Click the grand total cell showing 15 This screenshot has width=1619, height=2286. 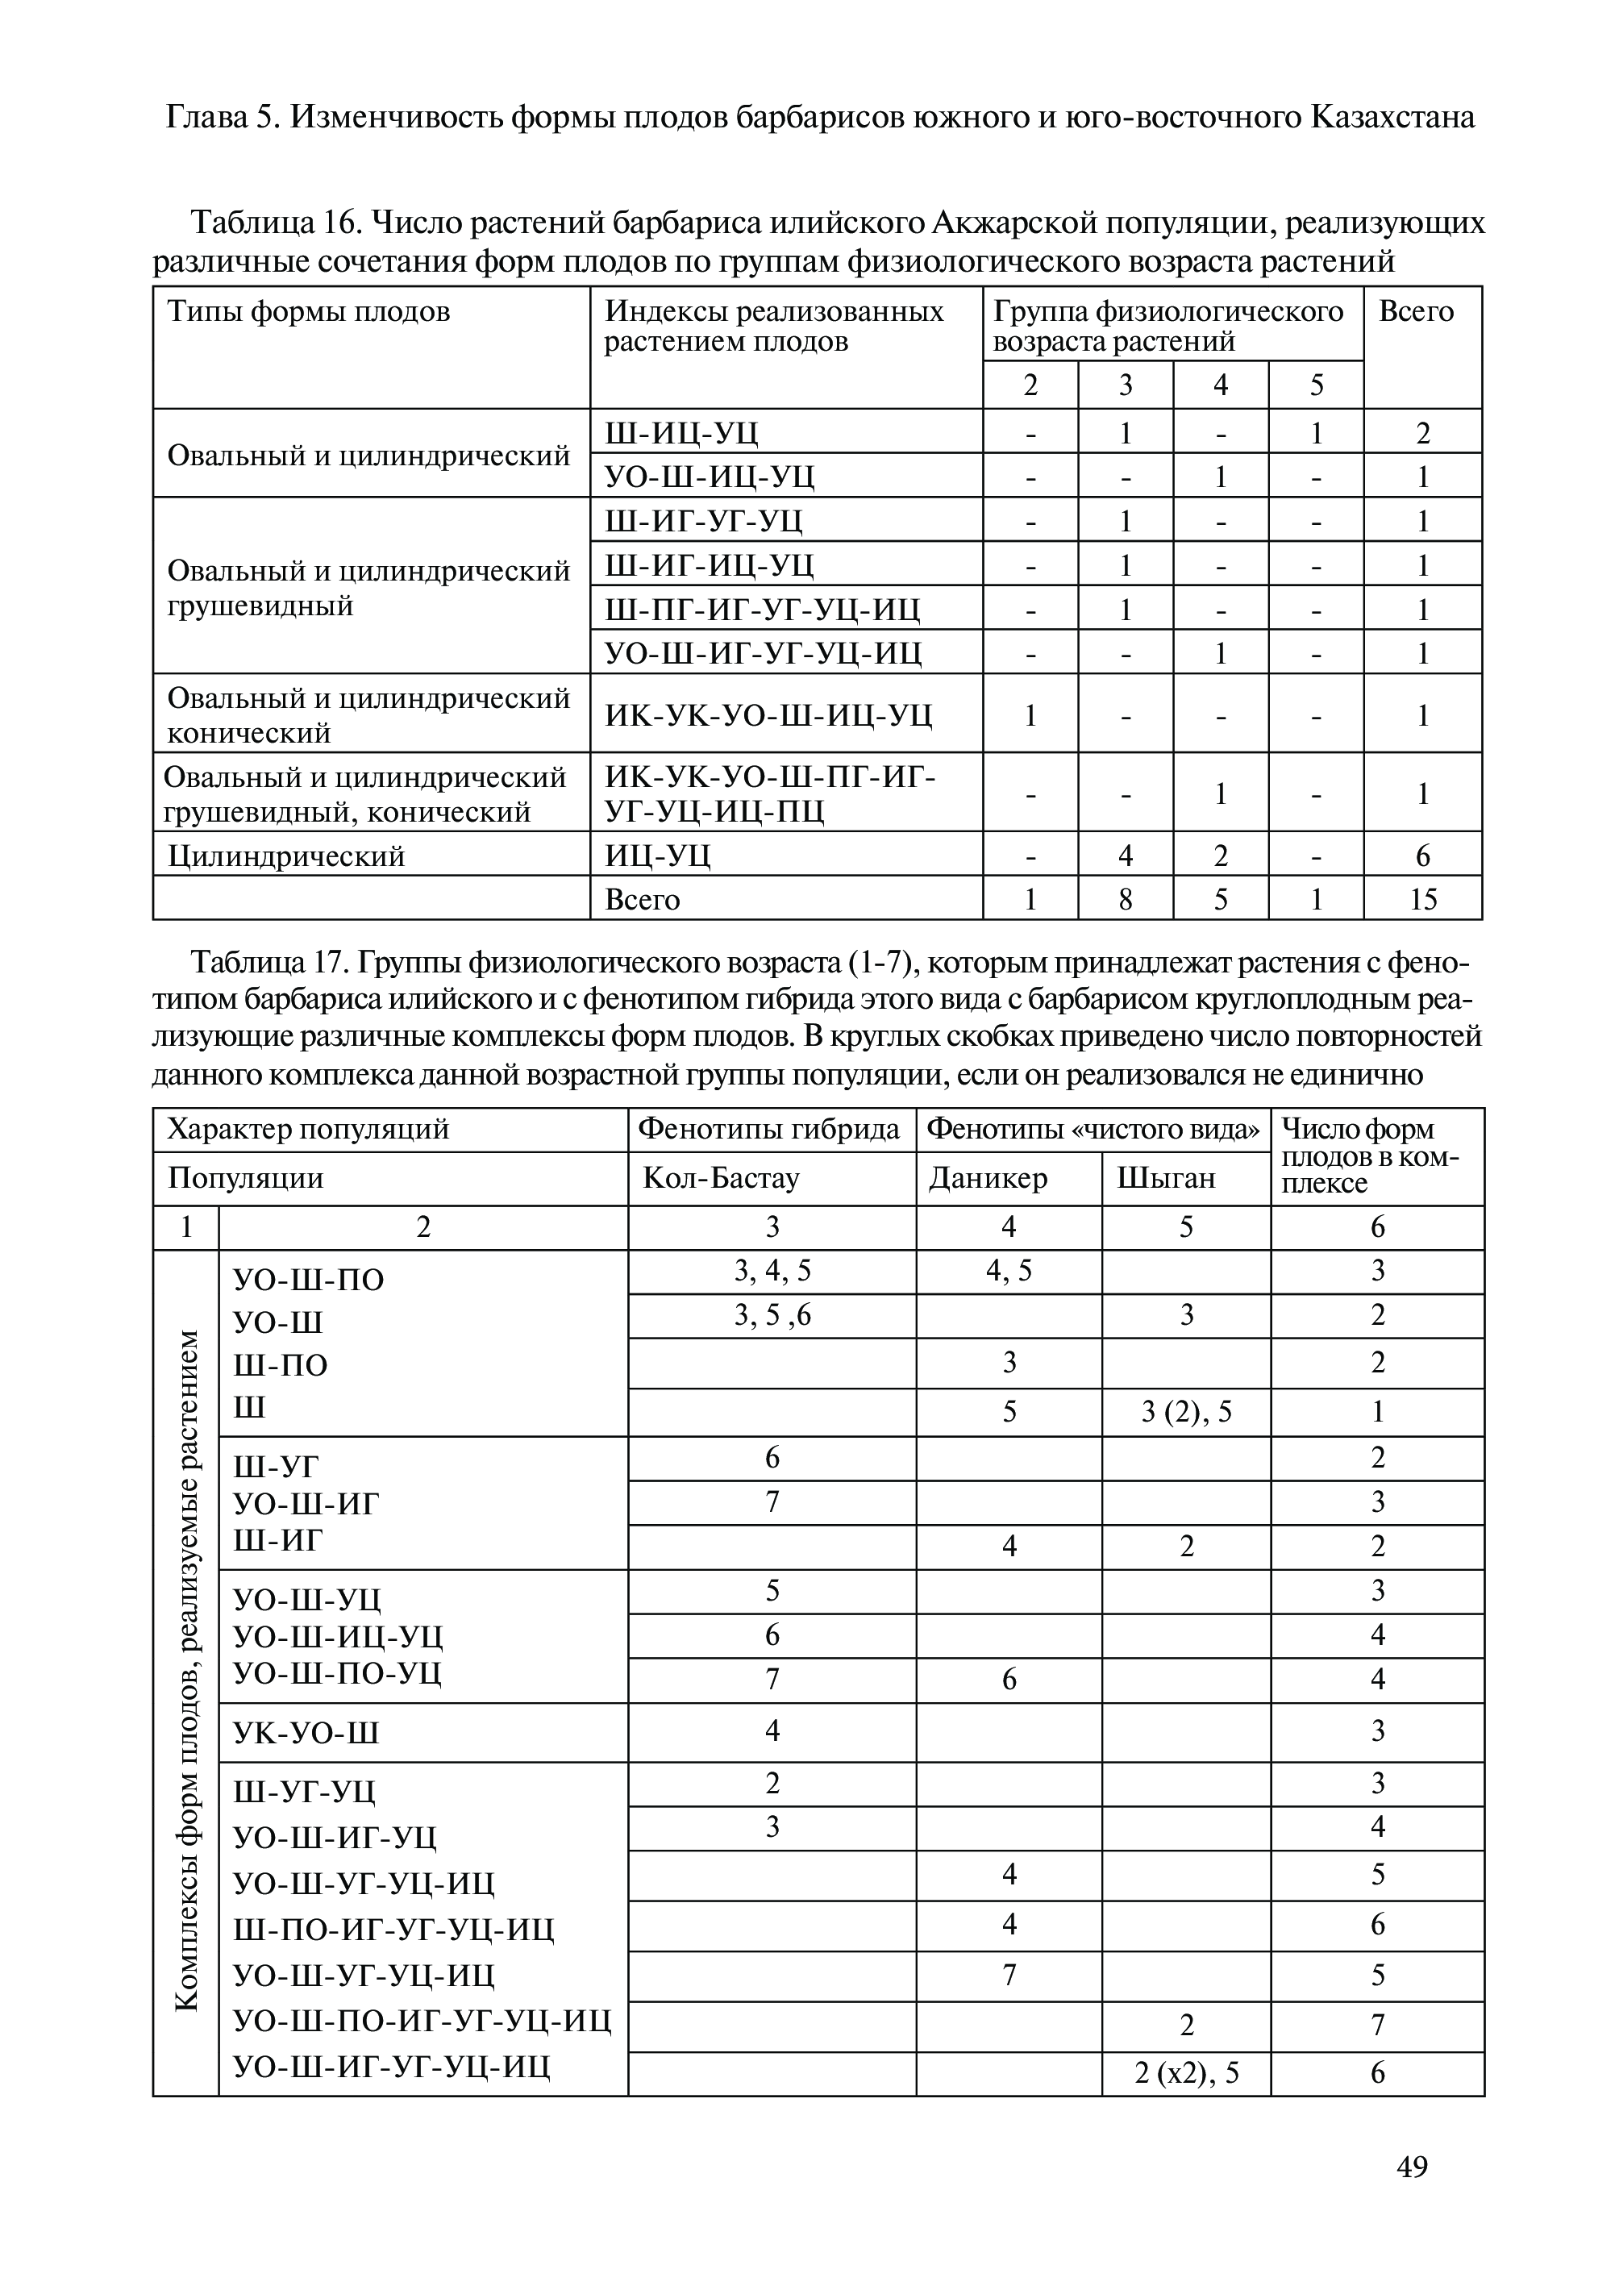point(1422,898)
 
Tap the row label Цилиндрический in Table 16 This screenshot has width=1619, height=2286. point(286,856)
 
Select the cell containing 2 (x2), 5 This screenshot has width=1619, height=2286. point(1186,2072)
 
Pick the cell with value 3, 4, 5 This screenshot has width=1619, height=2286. point(772,1270)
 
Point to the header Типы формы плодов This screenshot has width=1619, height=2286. point(309,312)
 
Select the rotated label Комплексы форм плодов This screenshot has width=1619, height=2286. point(186,1672)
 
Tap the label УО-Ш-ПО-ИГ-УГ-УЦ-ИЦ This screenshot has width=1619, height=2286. point(422,2020)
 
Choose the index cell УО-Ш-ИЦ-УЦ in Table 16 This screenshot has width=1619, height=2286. point(710,477)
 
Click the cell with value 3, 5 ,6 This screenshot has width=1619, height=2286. point(772,1315)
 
